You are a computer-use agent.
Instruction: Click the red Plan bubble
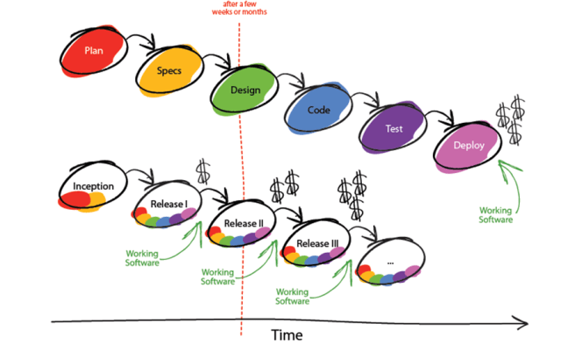point(94,52)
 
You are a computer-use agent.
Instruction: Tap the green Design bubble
point(245,91)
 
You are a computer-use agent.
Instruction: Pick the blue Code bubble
point(318,112)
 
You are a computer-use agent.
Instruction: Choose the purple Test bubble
point(394,130)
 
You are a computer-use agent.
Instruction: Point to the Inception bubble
point(93,187)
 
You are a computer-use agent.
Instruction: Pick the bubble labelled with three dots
point(391,264)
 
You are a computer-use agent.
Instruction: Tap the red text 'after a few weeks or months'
point(239,11)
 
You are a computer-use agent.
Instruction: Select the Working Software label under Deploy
point(495,214)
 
